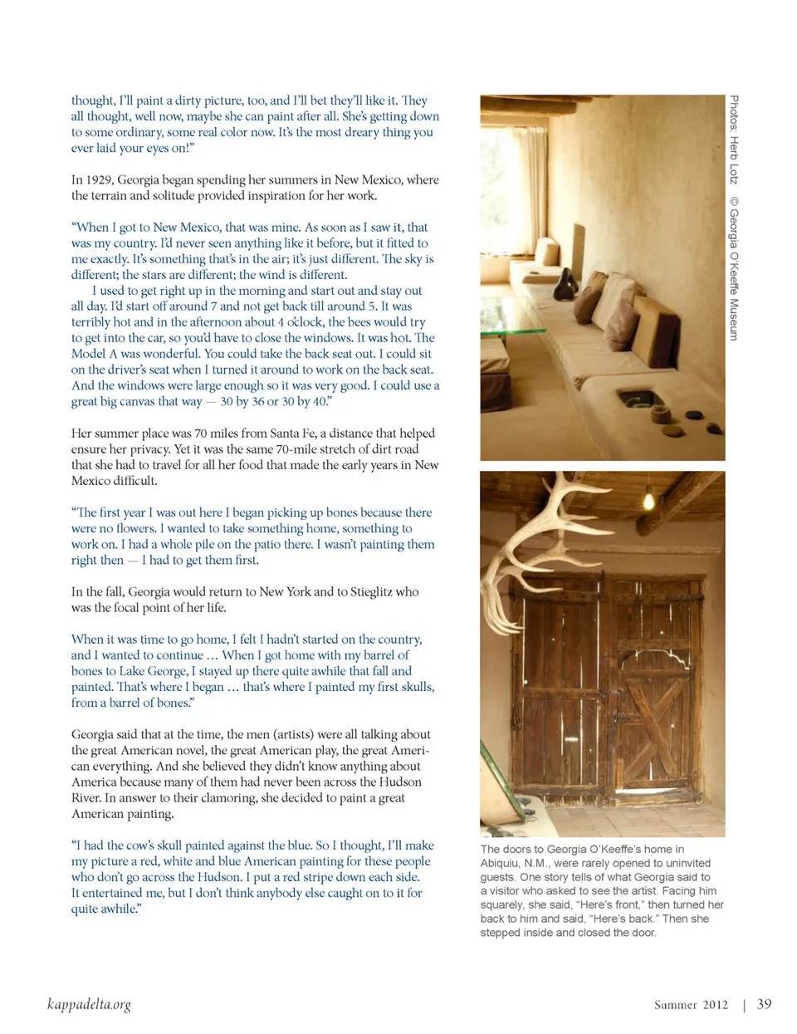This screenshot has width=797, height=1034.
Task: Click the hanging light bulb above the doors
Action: tap(648, 498)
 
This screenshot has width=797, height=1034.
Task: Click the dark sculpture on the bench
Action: tap(566, 286)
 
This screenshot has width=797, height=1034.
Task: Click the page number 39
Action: tap(764, 1004)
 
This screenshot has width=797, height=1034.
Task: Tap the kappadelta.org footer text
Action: tap(89, 1004)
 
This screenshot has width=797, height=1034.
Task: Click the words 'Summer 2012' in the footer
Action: tap(691, 1005)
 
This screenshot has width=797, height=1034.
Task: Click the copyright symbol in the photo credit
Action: tap(734, 200)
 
